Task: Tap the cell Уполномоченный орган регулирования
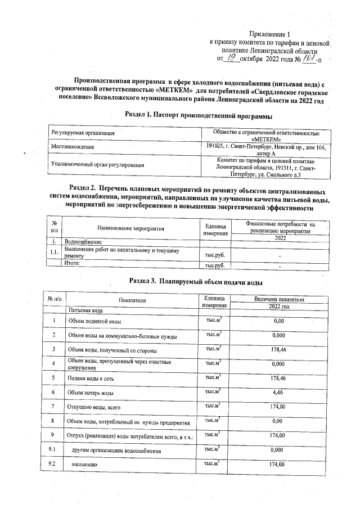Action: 97,165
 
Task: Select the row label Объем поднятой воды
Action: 94,321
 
